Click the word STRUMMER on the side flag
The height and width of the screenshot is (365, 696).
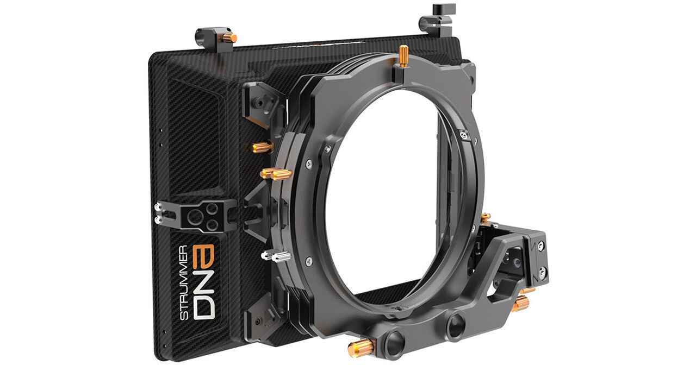click(x=184, y=282)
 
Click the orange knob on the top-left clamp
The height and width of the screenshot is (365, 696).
click(x=229, y=38)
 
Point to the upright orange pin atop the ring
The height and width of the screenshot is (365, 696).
click(x=403, y=55)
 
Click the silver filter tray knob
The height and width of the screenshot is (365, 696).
click(x=276, y=256)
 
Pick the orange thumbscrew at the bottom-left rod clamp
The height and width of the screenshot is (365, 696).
click(x=361, y=348)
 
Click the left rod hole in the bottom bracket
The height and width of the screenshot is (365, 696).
click(x=395, y=341)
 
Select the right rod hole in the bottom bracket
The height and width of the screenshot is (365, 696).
click(x=455, y=326)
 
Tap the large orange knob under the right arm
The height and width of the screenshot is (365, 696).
click(x=520, y=303)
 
